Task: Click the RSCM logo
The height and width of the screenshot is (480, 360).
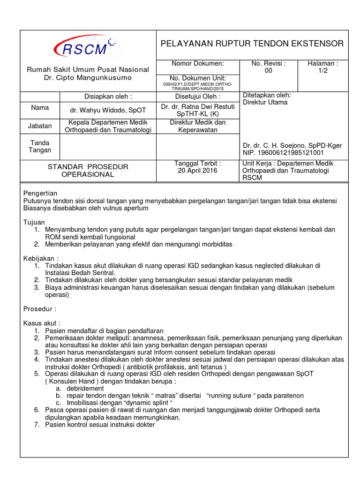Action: (84, 47)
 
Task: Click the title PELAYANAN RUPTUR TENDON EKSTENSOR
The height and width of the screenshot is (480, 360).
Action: (252, 44)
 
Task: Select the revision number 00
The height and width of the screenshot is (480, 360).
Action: (268, 71)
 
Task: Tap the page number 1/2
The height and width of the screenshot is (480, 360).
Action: (323, 71)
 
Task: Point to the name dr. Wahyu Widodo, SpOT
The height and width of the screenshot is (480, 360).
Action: (108, 110)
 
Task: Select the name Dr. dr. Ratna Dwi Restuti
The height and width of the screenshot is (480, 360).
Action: (197, 107)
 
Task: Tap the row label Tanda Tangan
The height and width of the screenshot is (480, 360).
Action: (40, 146)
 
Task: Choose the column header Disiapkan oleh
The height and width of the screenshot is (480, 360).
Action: (108, 97)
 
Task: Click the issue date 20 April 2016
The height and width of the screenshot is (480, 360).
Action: (197, 171)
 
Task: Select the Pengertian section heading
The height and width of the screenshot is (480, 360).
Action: (40, 193)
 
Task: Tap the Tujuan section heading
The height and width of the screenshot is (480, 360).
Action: (34, 222)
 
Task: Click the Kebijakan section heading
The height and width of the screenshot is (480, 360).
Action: (41, 258)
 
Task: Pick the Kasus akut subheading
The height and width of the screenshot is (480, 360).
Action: (42, 323)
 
